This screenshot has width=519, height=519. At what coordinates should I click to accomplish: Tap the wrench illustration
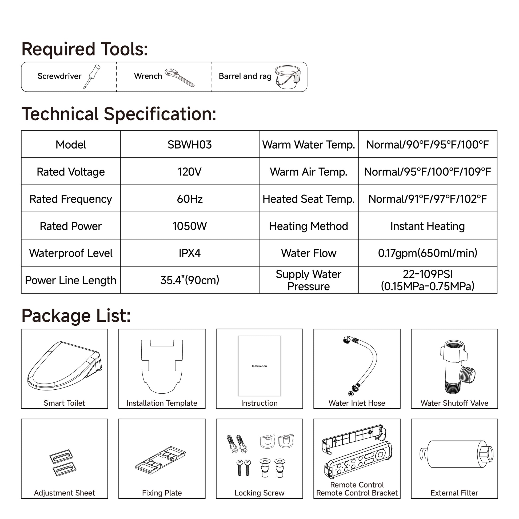click(179, 77)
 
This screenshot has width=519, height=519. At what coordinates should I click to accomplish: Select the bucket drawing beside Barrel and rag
click(287, 77)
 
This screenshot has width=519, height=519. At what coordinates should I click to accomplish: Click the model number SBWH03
click(189, 145)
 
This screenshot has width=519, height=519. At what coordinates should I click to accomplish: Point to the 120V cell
click(189, 172)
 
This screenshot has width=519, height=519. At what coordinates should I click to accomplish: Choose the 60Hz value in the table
click(189, 199)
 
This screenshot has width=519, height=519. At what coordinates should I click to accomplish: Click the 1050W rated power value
click(189, 226)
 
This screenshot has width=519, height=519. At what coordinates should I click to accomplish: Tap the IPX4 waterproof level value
click(189, 253)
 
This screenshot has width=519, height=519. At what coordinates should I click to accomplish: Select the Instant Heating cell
click(428, 226)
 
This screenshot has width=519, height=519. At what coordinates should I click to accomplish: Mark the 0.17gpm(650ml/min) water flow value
click(428, 253)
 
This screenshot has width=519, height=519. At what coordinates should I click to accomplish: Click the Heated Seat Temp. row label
click(308, 199)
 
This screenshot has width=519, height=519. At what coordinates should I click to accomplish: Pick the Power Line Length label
click(71, 280)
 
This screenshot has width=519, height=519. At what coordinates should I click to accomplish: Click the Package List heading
click(76, 316)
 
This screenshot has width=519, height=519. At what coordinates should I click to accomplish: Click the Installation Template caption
click(162, 403)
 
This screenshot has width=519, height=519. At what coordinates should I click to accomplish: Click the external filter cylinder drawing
click(456, 454)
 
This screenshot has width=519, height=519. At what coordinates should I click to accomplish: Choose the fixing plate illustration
click(160, 460)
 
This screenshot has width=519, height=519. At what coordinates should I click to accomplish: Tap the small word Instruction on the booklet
click(259, 366)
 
